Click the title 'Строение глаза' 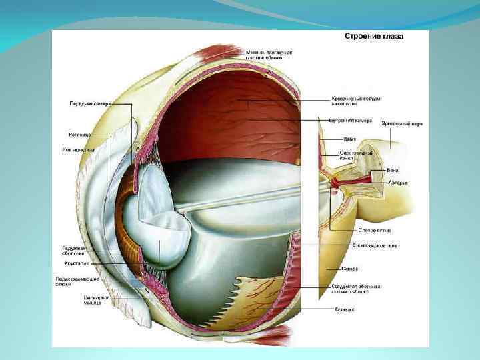pyautogui.click(x=375, y=37)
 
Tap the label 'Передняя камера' pyautogui.click(x=92, y=103)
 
